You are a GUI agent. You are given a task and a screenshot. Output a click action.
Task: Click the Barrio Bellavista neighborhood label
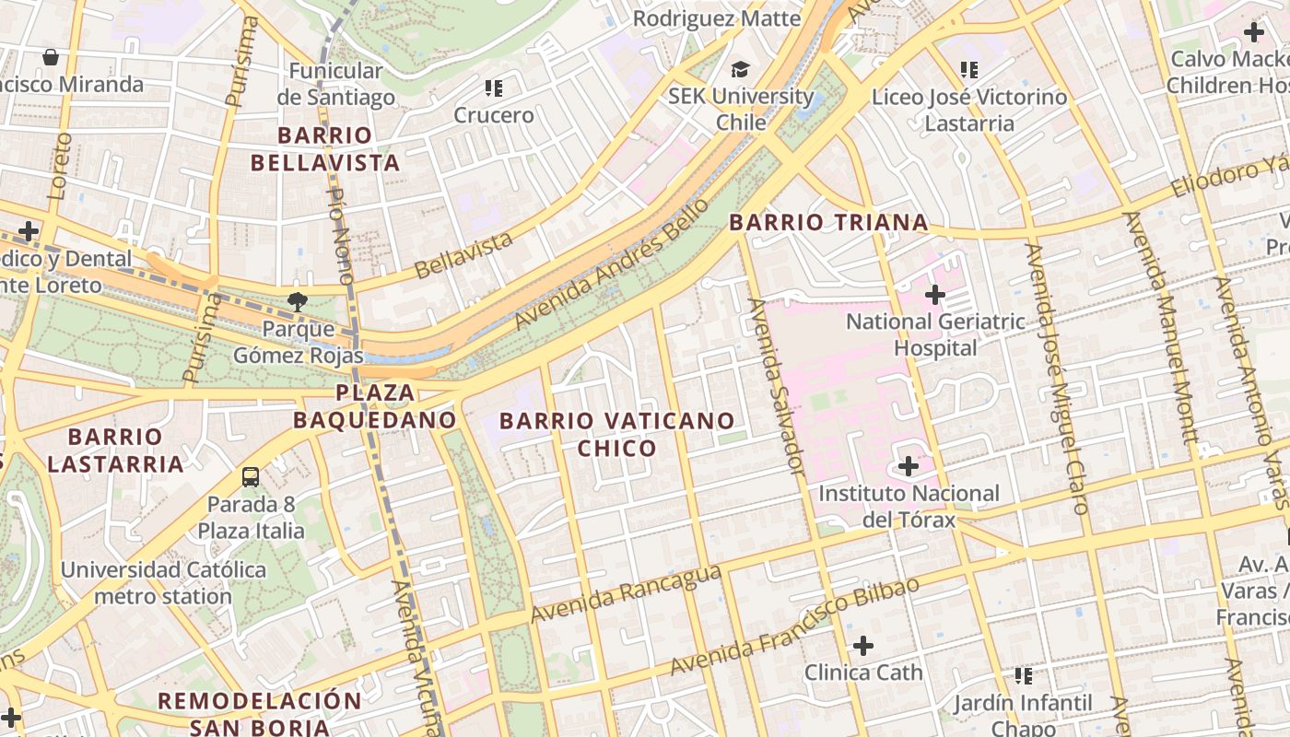338,149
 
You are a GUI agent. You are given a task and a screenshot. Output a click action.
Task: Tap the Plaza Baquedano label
375,406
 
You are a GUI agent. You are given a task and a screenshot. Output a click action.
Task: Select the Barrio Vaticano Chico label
616,435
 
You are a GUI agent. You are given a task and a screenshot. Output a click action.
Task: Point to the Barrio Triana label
828,222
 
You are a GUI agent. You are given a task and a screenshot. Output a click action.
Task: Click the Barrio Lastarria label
115,450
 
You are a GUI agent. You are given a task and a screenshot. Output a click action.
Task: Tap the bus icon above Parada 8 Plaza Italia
250,476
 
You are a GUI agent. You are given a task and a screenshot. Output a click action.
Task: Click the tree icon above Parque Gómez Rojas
297,300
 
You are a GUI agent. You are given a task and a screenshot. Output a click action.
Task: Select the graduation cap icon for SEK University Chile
740,70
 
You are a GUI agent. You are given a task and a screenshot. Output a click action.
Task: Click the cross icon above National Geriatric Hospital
935,295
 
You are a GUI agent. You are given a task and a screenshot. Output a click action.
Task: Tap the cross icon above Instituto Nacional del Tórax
909,466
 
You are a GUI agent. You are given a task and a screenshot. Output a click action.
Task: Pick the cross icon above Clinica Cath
863,645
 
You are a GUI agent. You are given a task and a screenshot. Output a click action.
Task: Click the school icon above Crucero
494,88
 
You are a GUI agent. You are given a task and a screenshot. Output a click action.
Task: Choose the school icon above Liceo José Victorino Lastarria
968,70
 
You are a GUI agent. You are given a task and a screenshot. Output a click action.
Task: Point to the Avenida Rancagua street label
626,593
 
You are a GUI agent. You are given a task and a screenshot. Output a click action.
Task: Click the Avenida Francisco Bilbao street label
794,626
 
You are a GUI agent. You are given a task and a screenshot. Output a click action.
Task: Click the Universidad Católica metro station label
163,582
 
